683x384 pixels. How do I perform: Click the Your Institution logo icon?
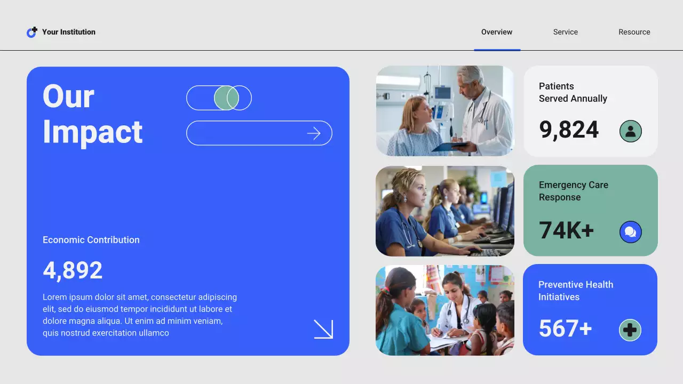tap(32, 32)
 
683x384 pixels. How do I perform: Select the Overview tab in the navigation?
tap(497, 32)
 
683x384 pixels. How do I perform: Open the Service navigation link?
tap(565, 32)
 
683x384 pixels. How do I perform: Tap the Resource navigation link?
tap(634, 32)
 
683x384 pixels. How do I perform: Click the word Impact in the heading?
tap(92, 132)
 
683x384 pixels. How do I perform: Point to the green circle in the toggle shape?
tap(226, 98)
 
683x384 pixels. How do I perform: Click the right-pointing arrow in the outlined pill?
tap(314, 133)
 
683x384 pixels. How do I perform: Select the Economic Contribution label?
tap(91, 240)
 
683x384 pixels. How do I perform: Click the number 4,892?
tap(73, 270)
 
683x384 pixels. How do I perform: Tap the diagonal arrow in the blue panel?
tap(323, 329)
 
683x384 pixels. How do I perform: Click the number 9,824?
tap(569, 130)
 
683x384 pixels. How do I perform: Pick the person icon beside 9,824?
tap(630, 131)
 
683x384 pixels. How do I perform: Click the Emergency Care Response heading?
tap(573, 191)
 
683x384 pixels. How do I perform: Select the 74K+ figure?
tap(566, 230)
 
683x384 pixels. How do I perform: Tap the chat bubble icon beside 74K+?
tap(630, 232)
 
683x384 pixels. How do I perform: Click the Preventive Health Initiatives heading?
tap(575, 291)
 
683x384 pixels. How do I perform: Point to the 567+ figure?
tap(565, 329)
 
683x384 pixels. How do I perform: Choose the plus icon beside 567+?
tap(630, 330)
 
